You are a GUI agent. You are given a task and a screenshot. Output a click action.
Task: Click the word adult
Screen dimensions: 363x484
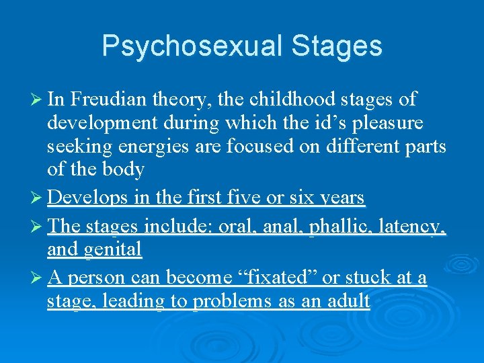click(348, 300)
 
